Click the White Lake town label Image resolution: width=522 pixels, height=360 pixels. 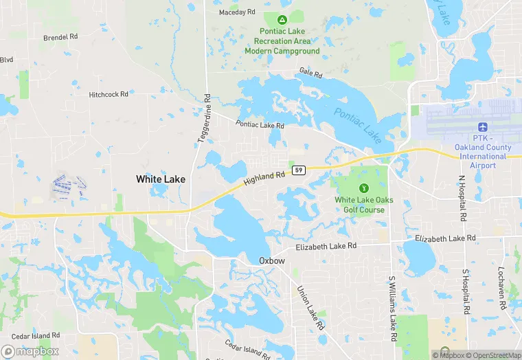click(x=160, y=179)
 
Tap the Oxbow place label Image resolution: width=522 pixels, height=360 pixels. click(x=271, y=260)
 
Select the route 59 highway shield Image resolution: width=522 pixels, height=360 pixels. click(x=298, y=170)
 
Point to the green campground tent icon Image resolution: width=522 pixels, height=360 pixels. click(x=282, y=19)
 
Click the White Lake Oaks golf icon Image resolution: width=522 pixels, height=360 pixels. click(x=364, y=187)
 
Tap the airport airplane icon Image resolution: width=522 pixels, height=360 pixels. click(x=481, y=128)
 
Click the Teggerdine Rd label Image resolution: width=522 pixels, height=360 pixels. click(x=204, y=118)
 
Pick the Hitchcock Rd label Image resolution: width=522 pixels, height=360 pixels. click(x=109, y=94)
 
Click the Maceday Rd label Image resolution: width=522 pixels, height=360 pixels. click(x=237, y=12)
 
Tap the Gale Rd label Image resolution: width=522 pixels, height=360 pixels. click(x=310, y=73)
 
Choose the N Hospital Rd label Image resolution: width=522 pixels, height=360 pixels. click(x=462, y=198)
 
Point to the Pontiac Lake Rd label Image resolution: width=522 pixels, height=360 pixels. click(x=260, y=125)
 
